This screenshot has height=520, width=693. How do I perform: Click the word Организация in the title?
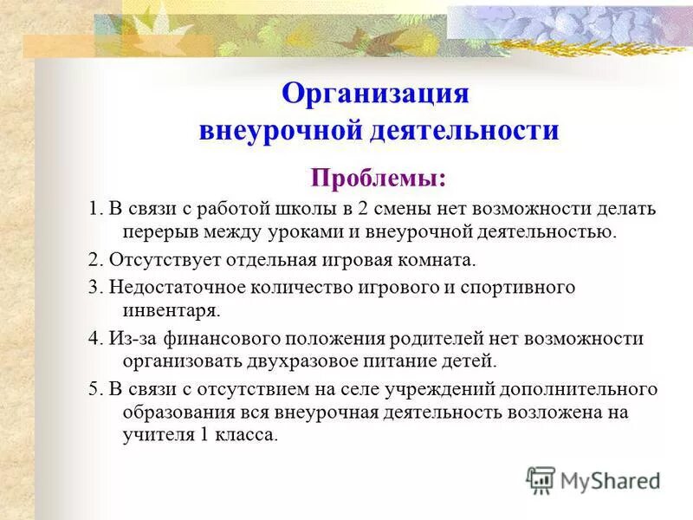376,93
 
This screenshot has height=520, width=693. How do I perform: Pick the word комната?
440,259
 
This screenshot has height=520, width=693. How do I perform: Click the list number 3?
93,287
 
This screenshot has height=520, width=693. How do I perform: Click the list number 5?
93,388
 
